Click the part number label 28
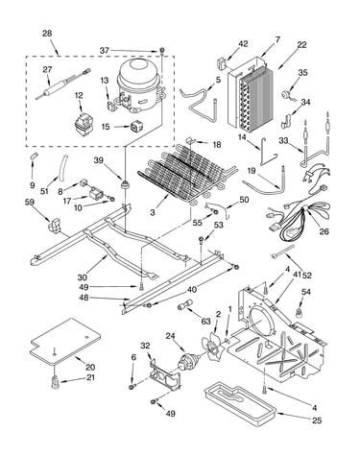[x=47, y=34]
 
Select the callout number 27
[x=47, y=69]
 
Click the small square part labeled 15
[x=136, y=127]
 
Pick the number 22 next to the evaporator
[x=301, y=45]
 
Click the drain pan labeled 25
[x=240, y=402]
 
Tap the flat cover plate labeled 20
[x=65, y=341]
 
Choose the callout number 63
[x=205, y=321]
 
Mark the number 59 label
[x=30, y=202]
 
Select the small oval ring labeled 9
[x=34, y=156]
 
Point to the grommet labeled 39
[x=124, y=184]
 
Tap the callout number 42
[x=243, y=44]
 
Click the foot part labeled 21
[x=56, y=381]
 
